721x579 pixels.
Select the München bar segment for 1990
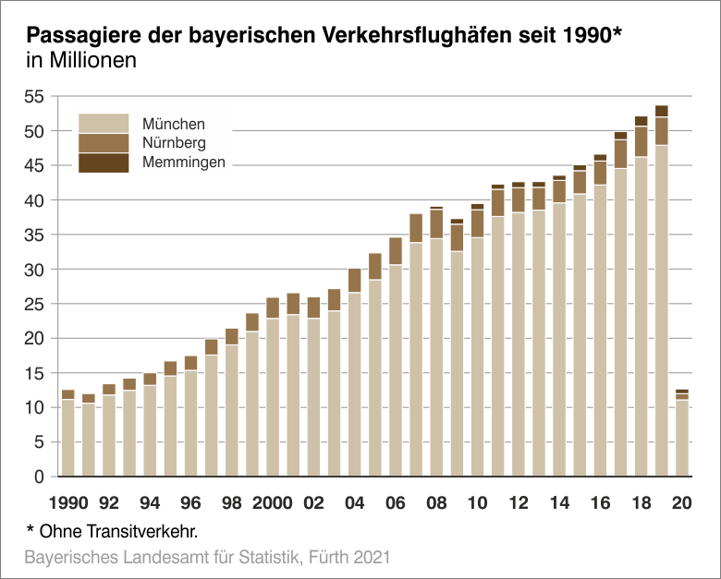[67, 438]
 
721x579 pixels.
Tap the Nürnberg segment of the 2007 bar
[416, 228]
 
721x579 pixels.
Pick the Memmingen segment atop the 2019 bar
[662, 111]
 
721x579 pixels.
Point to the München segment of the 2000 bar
[273, 397]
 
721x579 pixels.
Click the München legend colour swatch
[104, 123]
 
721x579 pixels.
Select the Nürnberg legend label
[174, 143]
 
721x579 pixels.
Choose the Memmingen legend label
[184, 163]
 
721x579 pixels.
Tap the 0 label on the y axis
[39, 476]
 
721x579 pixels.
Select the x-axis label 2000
[272, 503]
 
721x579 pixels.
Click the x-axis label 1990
[69, 503]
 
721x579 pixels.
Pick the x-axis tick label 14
[559, 503]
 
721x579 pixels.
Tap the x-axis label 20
[682, 503]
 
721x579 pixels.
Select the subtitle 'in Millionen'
[82, 63]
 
